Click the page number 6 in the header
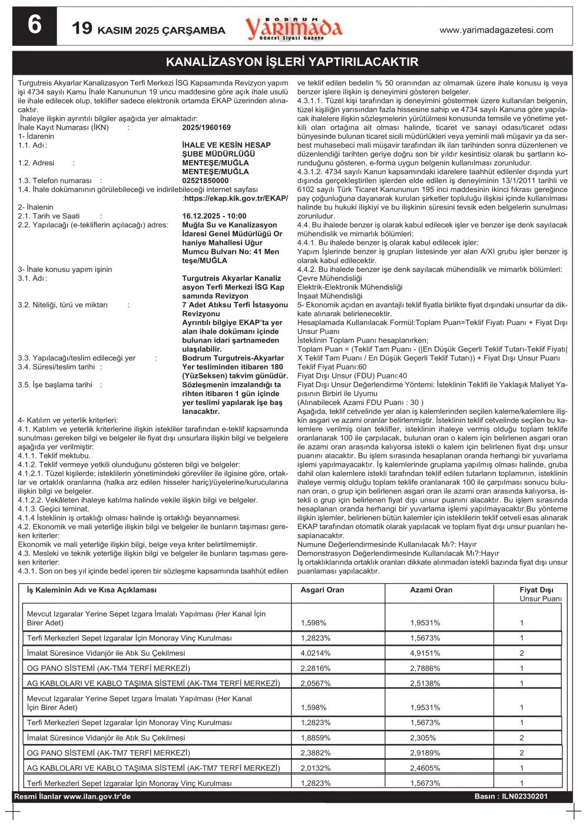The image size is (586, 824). [35, 26]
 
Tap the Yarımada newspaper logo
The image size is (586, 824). [293, 28]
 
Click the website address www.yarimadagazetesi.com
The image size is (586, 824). [496, 30]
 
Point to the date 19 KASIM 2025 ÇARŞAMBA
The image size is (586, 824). [148, 29]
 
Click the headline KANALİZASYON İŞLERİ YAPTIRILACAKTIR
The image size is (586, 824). [292, 62]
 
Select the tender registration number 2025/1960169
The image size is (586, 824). [206, 128]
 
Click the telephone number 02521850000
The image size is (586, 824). [205, 181]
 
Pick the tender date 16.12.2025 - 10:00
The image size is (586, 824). [214, 216]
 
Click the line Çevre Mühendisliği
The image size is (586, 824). [329, 278]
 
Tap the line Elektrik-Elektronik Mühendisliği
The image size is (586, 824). [350, 287]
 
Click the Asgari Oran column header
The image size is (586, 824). [322, 590]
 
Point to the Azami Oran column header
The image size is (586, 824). [431, 590]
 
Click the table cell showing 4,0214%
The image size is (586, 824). [316, 653]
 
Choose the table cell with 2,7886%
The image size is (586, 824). [425, 669]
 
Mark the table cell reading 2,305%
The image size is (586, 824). [423, 738]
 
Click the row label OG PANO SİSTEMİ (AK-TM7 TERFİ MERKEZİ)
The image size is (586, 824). [108, 753]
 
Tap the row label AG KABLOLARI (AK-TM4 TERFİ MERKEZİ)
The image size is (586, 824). [153, 683]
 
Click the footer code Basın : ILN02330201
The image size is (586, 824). [511, 796]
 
